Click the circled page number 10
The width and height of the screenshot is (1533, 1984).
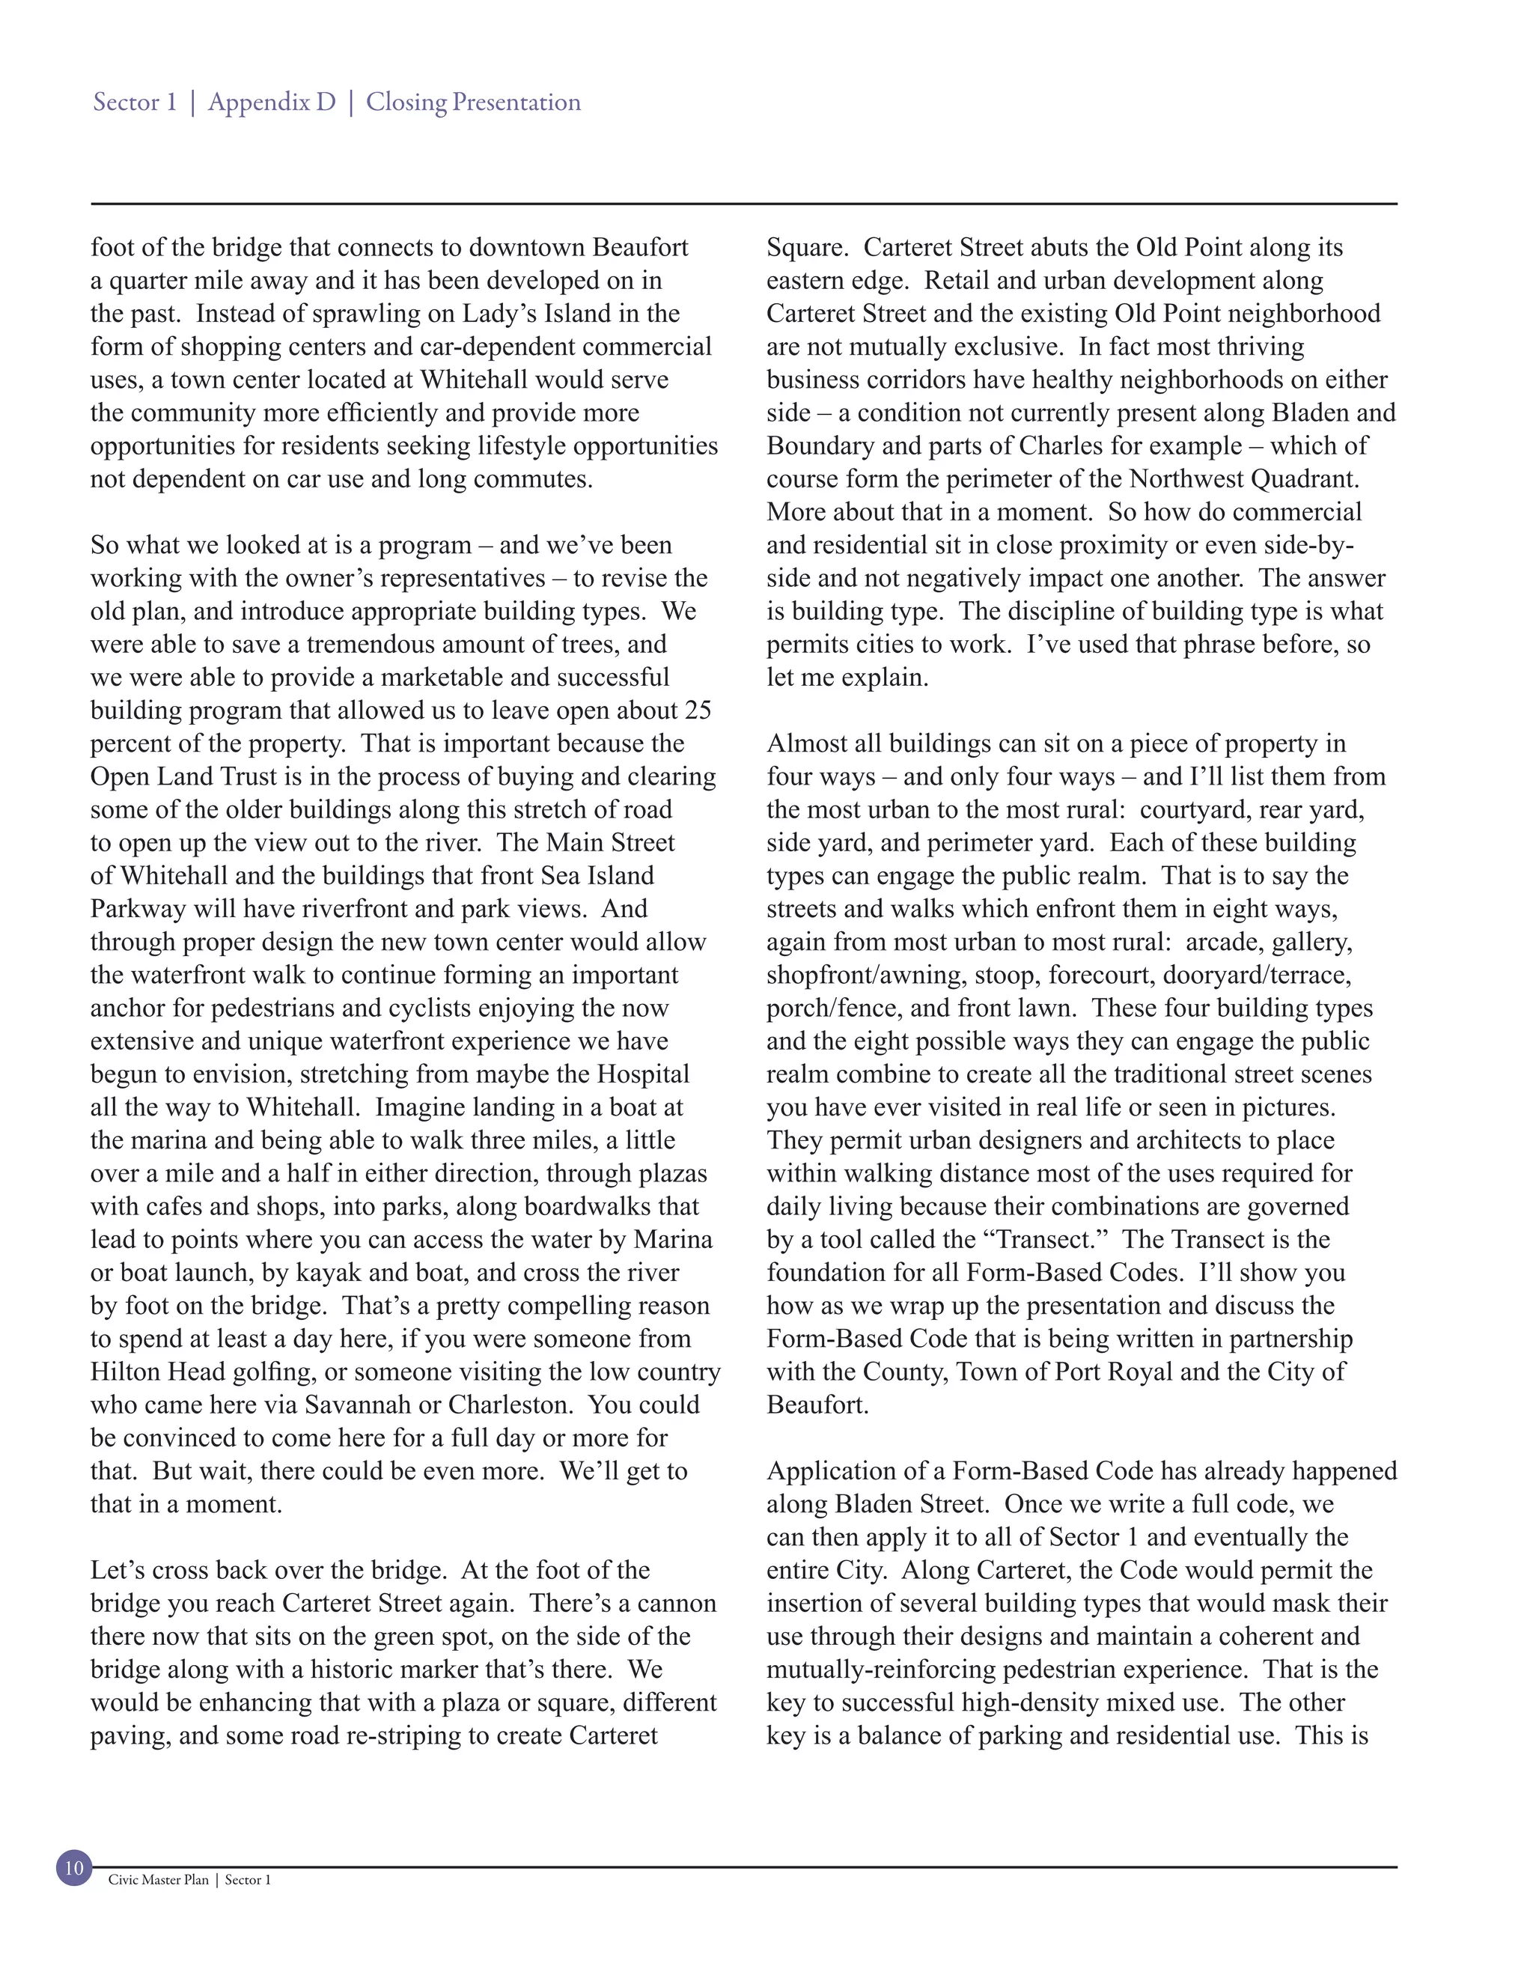pos(74,1868)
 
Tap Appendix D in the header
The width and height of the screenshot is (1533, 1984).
pos(272,102)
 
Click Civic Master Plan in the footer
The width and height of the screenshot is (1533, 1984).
pos(158,1879)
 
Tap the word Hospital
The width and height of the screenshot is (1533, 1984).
pos(642,1074)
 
